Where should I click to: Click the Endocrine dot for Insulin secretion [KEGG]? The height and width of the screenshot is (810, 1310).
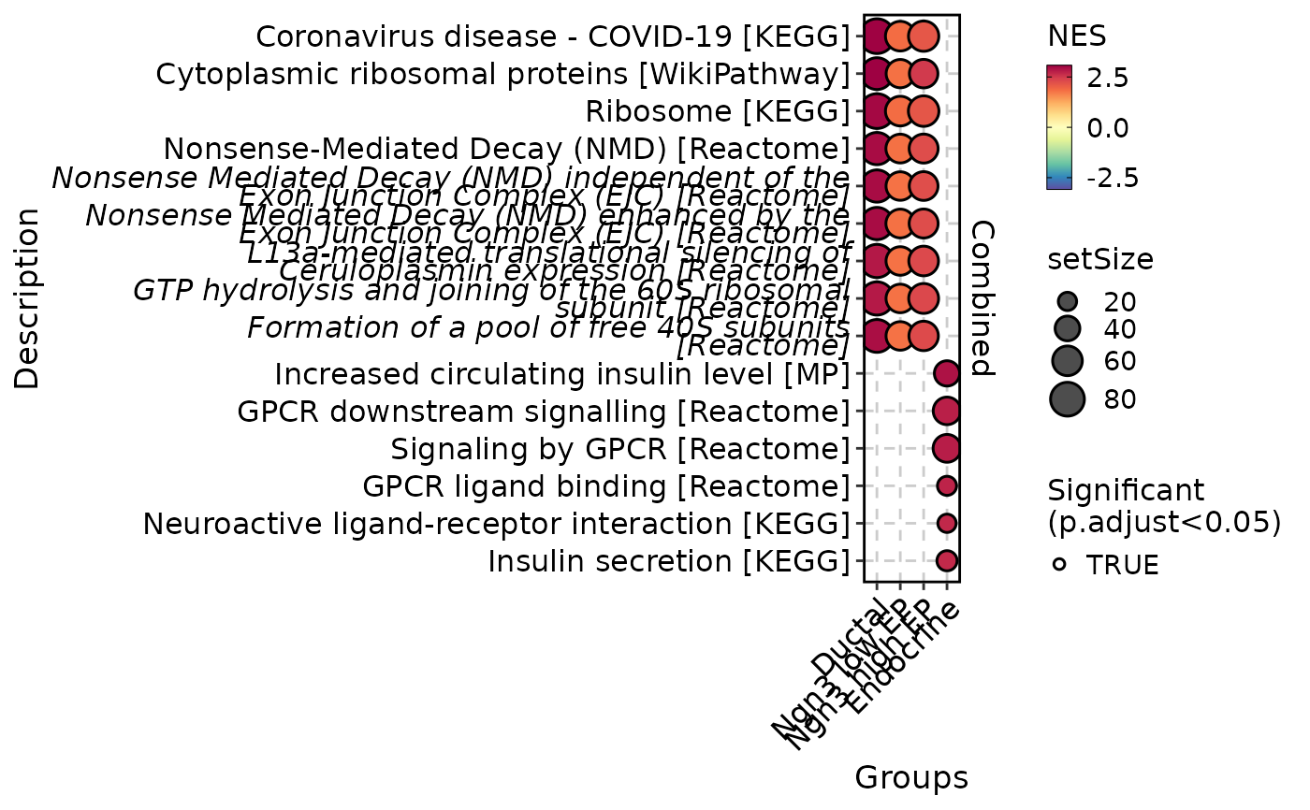pyautogui.click(x=946, y=560)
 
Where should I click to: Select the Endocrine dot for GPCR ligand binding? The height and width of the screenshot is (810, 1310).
pyautogui.click(x=946, y=485)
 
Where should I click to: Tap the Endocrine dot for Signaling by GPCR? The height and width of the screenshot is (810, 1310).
pyautogui.click(x=946, y=448)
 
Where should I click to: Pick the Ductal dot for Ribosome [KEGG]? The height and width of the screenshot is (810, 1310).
pyautogui.click(x=877, y=111)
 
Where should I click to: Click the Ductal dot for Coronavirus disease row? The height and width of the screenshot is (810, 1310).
pyautogui.click(x=877, y=36)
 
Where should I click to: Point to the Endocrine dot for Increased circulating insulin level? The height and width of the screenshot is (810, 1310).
pyautogui.click(x=946, y=373)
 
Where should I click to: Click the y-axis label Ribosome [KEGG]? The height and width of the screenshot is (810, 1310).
pyautogui.click(x=717, y=112)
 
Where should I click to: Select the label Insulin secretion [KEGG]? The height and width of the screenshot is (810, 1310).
pyautogui.click(x=668, y=561)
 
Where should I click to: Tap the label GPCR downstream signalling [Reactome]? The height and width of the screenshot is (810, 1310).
pyautogui.click(x=543, y=412)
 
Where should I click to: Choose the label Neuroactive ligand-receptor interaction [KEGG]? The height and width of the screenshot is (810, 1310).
pyautogui.click(x=496, y=524)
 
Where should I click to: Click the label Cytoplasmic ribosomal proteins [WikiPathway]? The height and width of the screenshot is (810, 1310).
pyautogui.click(x=502, y=75)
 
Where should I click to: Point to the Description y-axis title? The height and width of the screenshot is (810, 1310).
pyautogui.click(x=28, y=297)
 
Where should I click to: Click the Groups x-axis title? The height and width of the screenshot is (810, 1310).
pyautogui.click(x=910, y=778)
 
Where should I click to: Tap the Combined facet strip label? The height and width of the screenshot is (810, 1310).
pyautogui.click(x=982, y=297)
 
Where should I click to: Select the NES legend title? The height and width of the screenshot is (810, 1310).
pyautogui.click(x=1077, y=36)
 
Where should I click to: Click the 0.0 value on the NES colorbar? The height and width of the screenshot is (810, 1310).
pyautogui.click(x=1108, y=127)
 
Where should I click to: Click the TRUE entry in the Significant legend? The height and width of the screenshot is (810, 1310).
pyautogui.click(x=1122, y=565)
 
